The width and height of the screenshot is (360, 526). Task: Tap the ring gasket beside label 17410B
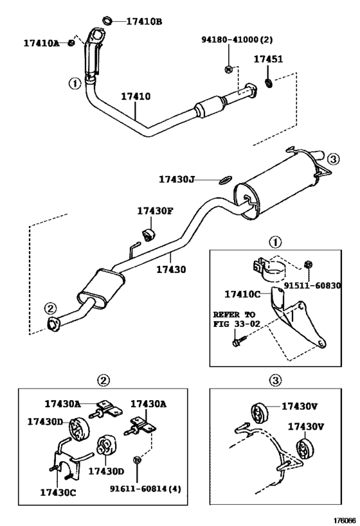108,21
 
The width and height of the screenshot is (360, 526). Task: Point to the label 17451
268,59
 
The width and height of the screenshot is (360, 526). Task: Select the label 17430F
155,210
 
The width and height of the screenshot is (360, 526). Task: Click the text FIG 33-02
237,324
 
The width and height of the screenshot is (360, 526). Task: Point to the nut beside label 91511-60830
307,264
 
